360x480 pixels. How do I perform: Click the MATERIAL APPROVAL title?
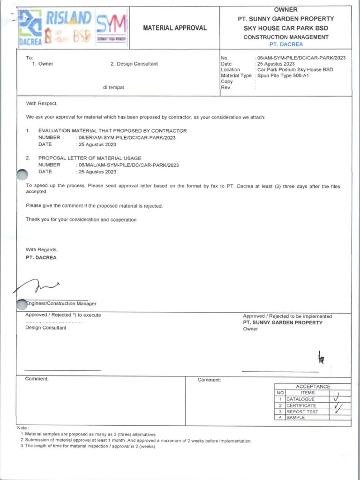point(174,28)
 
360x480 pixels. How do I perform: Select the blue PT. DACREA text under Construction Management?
point(286,44)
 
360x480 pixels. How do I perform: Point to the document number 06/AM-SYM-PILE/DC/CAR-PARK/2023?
point(301,58)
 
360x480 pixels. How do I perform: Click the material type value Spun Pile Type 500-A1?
point(283,75)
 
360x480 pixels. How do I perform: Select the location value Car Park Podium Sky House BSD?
point(295,69)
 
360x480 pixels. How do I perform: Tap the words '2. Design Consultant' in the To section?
point(134,64)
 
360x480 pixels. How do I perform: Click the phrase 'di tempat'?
point(113,87)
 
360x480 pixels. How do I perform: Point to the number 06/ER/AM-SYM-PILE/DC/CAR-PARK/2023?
point(126,138)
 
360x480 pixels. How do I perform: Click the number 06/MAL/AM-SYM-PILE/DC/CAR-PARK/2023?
point(127,165)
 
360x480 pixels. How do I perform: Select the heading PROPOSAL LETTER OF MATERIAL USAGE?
point(90,158)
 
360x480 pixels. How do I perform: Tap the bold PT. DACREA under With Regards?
point(41,257)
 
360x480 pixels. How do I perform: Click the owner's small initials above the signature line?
point(321,359)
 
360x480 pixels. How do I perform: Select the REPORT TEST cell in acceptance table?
point(302,412)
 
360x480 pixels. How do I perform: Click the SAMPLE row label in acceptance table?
point(296,418)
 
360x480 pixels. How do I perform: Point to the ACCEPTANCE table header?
point(313,386)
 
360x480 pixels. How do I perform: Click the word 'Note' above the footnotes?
point(22,428)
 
